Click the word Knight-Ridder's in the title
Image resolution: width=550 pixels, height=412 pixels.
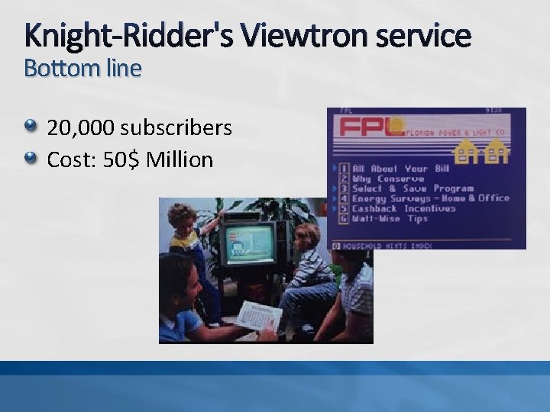click(x=128, y=35)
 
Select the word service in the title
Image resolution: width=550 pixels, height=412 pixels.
click(x=425, y=35)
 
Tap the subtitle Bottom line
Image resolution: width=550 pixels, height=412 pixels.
click(x=82, y=69)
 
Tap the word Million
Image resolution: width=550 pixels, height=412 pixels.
click(x=180, y=159)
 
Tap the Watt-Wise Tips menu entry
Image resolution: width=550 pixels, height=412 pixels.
click(x=390, y=218)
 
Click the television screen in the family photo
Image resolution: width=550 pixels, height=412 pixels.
click(x=249, y=244)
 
